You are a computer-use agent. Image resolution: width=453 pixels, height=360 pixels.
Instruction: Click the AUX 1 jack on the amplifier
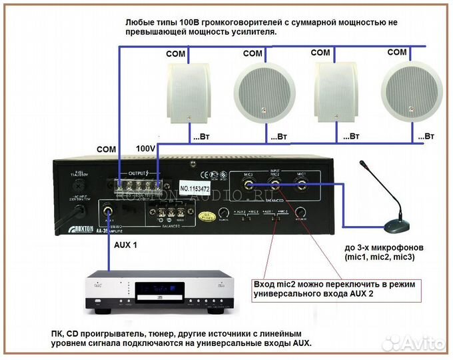[x=109, y=214]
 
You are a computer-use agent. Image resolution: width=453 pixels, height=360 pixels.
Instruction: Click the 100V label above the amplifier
[x=146, y=148]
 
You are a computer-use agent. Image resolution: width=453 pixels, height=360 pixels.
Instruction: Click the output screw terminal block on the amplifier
[x=137, y=184]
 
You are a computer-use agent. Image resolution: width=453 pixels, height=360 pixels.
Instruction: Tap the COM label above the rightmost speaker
[x=397, y=52]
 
